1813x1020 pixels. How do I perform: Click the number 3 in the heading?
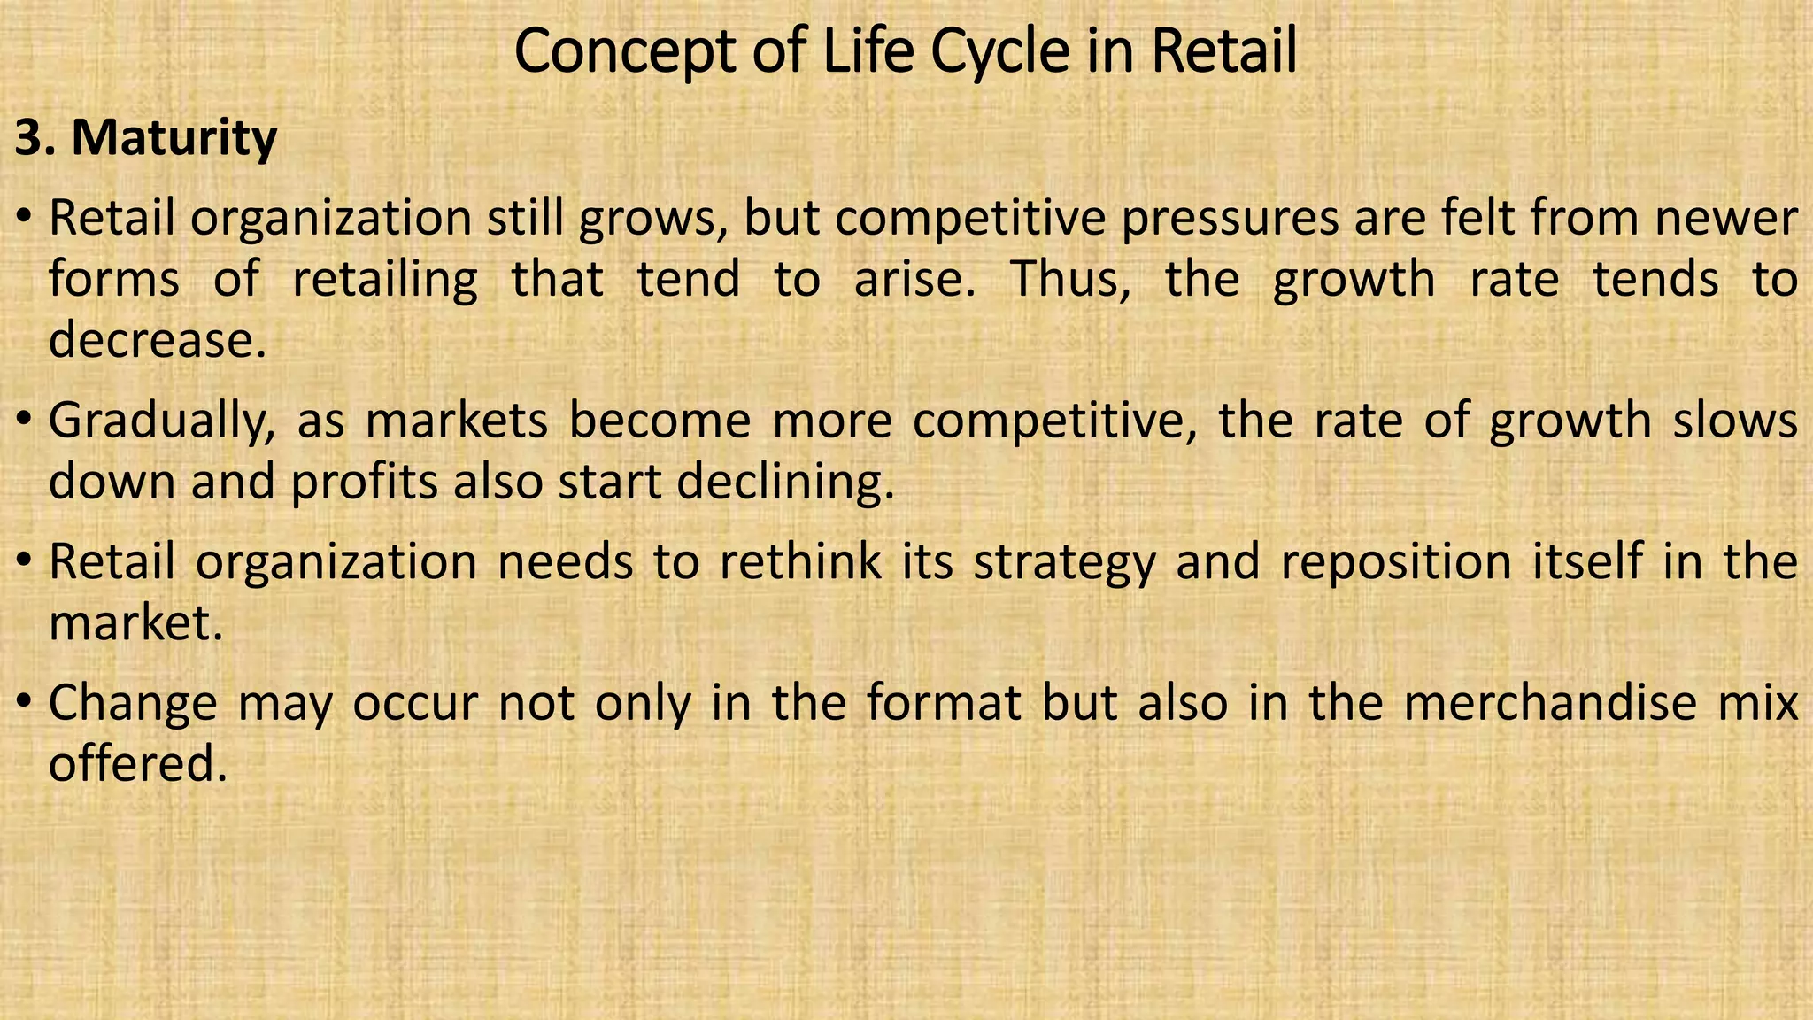[x=28, y=138]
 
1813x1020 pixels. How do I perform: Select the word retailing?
[x=385, y=280]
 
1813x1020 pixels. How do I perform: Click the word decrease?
[x=157, y=340]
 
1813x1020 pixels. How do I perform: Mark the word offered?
[x=138, y=764]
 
